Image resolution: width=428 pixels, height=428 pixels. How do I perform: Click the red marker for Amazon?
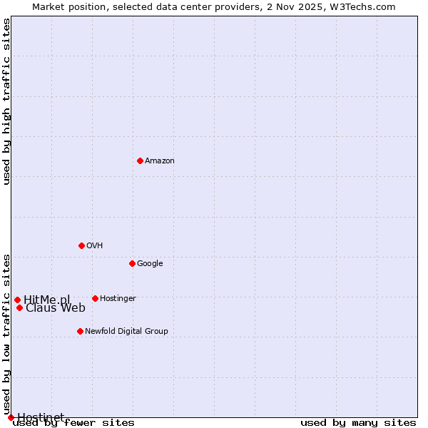click(x=140, y=160)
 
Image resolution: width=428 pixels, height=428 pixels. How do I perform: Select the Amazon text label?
click(x=159, y=161)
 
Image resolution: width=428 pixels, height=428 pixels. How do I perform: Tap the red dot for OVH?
click(x=81, y=245)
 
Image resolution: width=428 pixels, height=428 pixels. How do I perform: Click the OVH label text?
click(x=94, y=246)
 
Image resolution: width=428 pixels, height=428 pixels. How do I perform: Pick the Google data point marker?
click(x=132, y=263)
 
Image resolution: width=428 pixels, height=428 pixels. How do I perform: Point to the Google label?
click(x=150, y=264)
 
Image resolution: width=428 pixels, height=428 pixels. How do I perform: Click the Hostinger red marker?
click(x=95, y=298)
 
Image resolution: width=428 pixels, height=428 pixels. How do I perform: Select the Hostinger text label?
click(x=118, y=299)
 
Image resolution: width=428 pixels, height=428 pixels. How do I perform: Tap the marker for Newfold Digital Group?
click(x=80, y=331)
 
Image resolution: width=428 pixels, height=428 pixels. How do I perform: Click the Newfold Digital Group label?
click(x=126, y=332)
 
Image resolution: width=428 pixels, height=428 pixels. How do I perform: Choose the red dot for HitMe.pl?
click(x=17, y=300)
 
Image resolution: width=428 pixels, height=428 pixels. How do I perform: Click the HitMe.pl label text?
click(x=47, y=300)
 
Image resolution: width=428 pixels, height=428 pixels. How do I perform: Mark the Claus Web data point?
click(x=19, y=307)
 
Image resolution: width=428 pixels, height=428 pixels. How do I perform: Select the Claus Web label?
click(x=56, y=308)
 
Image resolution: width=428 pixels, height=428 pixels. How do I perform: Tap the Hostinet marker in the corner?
click(x=11, y=417)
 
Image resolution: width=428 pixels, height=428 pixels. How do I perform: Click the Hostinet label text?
click(x=41, y=417)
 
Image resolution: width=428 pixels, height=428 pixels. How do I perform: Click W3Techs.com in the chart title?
click(x=367, y=6)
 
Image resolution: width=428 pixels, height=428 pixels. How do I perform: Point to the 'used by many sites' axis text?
click(x=358, y=423)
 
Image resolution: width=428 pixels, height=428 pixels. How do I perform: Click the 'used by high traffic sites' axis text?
click(x=7, y=101)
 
